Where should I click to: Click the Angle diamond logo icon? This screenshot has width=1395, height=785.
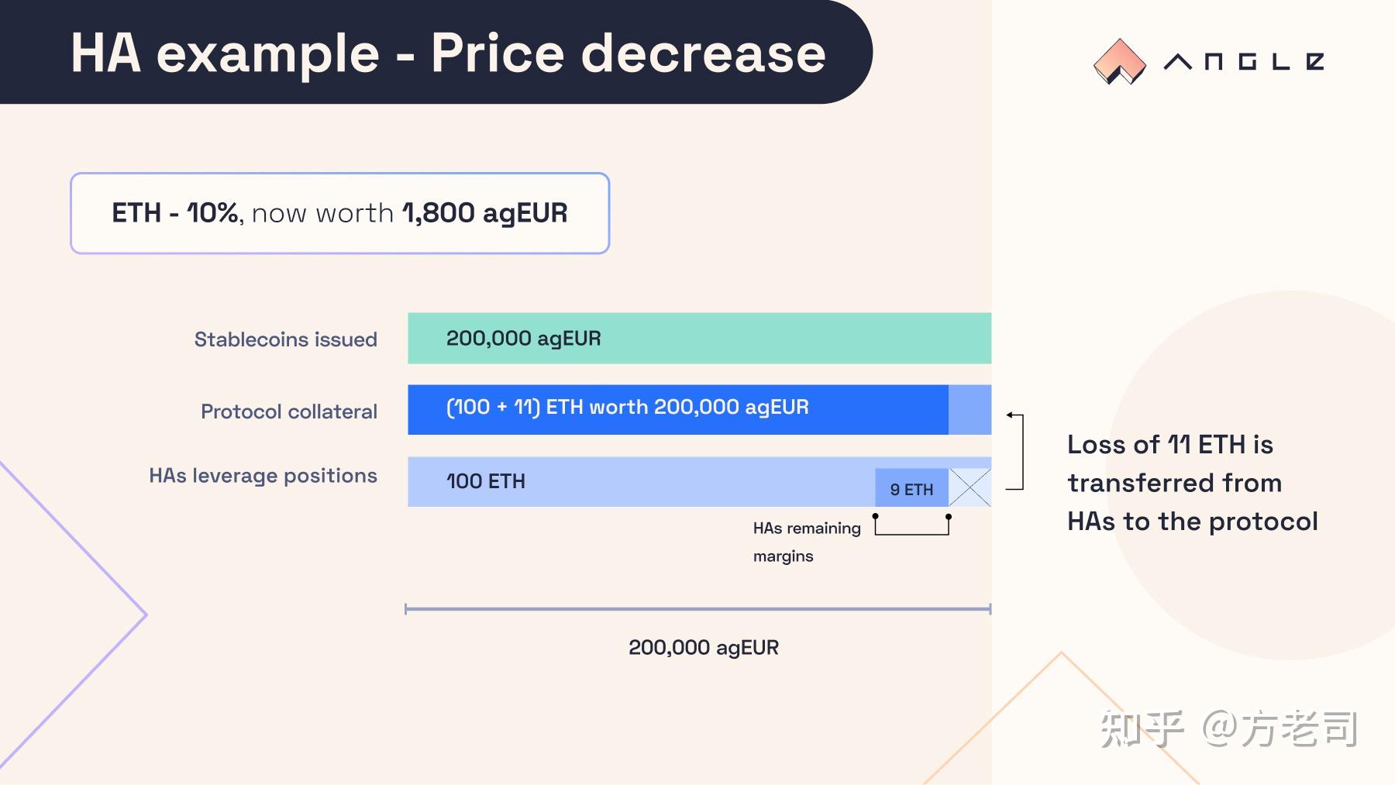click(1119, 61)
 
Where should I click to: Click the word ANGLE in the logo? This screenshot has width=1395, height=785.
click(1243, 62)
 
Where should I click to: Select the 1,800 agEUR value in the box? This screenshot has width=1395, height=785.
click(484, 213)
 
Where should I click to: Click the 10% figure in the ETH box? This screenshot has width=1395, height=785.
click(212, 213)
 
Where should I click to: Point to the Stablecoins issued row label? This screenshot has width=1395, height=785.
click(285, 339)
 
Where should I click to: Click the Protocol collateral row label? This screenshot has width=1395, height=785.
click(288, 411)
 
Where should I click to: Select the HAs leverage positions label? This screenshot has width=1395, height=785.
click(263, 476)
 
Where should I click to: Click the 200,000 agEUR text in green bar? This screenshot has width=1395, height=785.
click(523, 339)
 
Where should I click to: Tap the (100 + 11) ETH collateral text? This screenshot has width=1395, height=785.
click(627, 408)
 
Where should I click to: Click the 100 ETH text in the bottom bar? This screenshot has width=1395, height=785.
click(486, 482)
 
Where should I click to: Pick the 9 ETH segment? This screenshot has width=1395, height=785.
click(911, 489)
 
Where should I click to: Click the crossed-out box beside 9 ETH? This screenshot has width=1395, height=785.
click(970, 487)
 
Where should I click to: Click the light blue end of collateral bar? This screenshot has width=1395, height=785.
click(970, 409)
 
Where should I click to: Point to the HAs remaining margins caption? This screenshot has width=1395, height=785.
click(806, 542)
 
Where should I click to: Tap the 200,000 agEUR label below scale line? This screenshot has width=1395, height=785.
click(703, 648)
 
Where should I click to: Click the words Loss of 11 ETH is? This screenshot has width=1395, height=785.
click(1169, 445)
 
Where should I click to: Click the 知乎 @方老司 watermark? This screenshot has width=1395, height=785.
click(1228, 729)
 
